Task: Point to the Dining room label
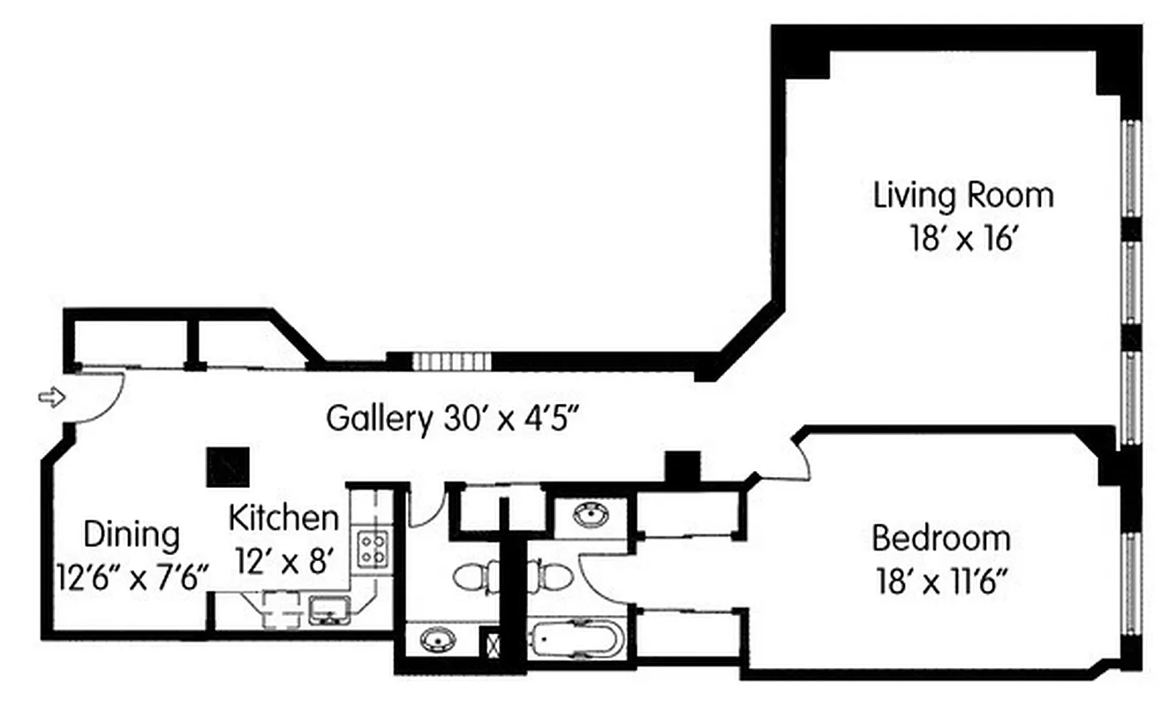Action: tap(132, 535)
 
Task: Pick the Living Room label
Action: tap(963, 195)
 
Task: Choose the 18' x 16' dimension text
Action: tap(963, 239)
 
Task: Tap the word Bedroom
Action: tap(940, 538)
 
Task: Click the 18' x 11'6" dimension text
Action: tap(940, 582)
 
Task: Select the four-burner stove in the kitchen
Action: tap(372, 549)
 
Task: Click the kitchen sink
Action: tap(328, 609)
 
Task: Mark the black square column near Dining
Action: tap(228, 466)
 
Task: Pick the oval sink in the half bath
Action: tap(434, 639)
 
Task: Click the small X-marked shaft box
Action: tap(490, 642)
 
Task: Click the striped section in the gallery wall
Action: tap(450, 361)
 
